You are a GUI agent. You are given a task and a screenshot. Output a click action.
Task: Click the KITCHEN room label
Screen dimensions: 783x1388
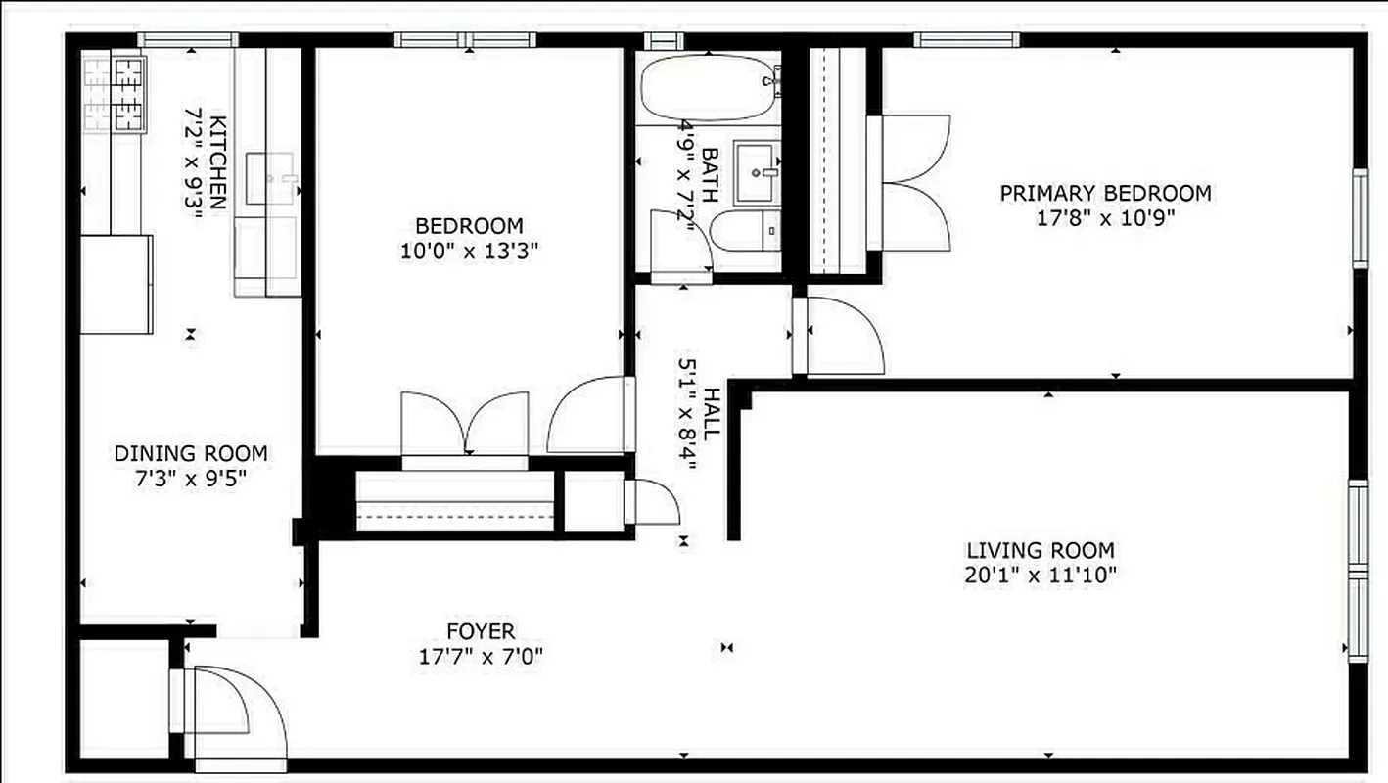click(x=218, y=162)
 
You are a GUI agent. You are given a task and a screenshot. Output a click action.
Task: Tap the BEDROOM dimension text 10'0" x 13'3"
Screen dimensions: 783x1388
click(x=470, y=251)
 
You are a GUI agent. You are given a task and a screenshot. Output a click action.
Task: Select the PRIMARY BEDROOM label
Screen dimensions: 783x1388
click(x=1105, y=193)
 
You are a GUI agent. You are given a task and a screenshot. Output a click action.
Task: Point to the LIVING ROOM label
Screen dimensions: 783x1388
click(x=1041, y=550)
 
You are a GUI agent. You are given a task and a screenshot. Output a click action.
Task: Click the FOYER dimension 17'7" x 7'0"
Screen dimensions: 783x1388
click(x=480, y=656)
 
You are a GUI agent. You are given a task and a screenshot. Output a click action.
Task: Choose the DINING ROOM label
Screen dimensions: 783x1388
click(x=191, y=453)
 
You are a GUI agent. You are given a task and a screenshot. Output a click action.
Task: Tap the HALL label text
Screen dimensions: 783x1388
click(x=713, y=413)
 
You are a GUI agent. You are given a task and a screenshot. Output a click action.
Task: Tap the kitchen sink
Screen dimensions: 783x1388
click(x=269, y=177)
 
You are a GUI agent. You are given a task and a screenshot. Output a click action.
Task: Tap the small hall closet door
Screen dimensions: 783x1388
click(x=654, y=503)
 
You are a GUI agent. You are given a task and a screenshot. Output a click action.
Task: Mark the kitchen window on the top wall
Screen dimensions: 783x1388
click(x=187, y=40)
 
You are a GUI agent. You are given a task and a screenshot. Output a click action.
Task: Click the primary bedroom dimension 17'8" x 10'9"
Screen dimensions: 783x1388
click(x=1105, y=217)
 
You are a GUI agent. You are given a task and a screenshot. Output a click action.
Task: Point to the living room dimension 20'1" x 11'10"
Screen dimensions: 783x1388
click(x=1041, y=574)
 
